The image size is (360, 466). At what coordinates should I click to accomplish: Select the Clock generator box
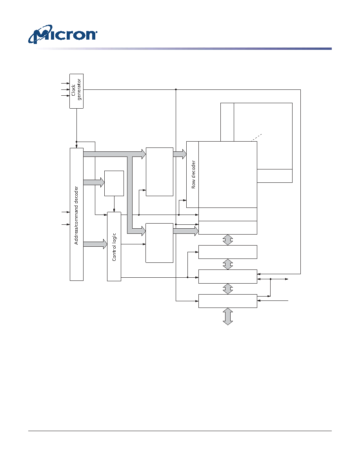tap(76, 91)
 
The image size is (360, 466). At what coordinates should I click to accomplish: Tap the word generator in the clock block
tap(79, 89)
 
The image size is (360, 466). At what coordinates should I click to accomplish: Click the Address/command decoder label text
tap(76, 215)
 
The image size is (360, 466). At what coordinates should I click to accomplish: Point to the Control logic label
tap(114, 247)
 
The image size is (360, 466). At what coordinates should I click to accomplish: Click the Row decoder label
tap(193, 175)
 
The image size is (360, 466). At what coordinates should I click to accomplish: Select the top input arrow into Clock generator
tap(65, 84)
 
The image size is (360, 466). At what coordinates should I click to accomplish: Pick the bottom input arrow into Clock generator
tap(65, 95)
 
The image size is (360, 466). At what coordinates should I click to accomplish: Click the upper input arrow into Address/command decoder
tap(65, 212)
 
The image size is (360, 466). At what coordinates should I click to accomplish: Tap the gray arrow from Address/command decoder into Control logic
tap(95, 244)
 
